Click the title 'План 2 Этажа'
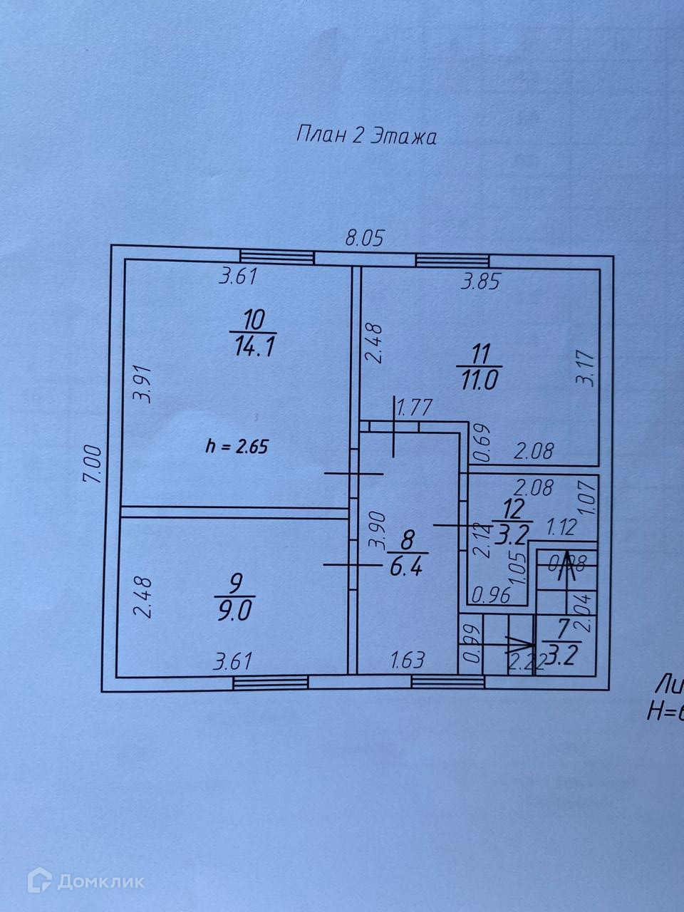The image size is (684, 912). [x=366, y=135]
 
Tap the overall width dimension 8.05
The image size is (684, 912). [x=365, y=237]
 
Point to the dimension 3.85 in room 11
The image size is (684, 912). [x=482, y=282]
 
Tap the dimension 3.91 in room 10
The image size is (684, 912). [x=145, y=384]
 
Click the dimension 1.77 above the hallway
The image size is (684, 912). [x=415, y=408]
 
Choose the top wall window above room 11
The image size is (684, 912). [x=455, y=260]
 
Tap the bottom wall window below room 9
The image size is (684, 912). [x=271, y=683]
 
